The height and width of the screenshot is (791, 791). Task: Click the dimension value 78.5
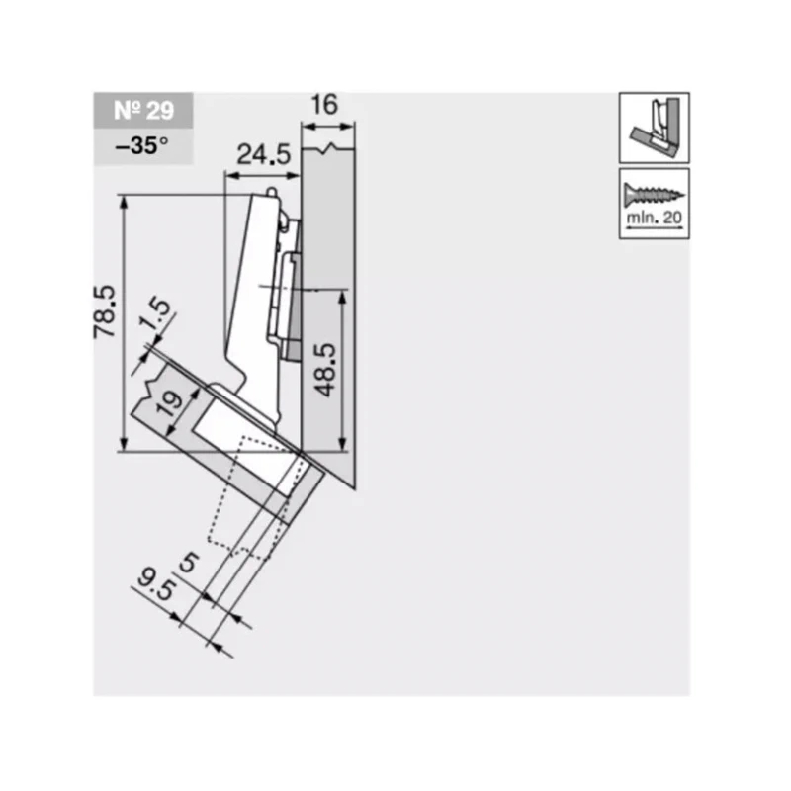tap(105, 311)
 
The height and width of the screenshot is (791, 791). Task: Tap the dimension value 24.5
tap(264, 154)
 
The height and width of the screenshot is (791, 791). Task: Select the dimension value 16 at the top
tap(324, 105)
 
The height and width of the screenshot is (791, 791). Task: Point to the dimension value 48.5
tap(327, 370)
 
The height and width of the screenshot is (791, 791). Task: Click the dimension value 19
tap(170, 402)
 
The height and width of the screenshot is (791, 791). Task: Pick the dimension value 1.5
tap(156, 314)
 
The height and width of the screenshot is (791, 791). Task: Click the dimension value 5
tap(190, 563)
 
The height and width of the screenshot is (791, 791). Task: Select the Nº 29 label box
tap(143, 111)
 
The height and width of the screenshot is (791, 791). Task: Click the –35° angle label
tap(141, 146)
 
